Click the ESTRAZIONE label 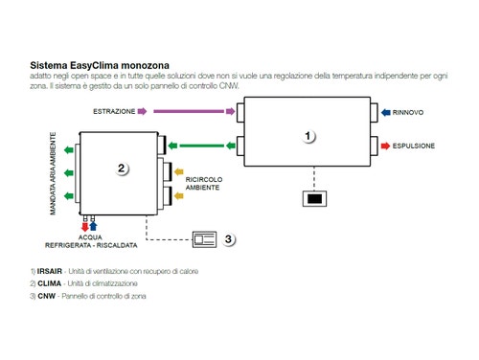113,112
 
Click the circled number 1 308,136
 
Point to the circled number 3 230,239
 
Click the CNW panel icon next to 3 203,238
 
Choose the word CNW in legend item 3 48,296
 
